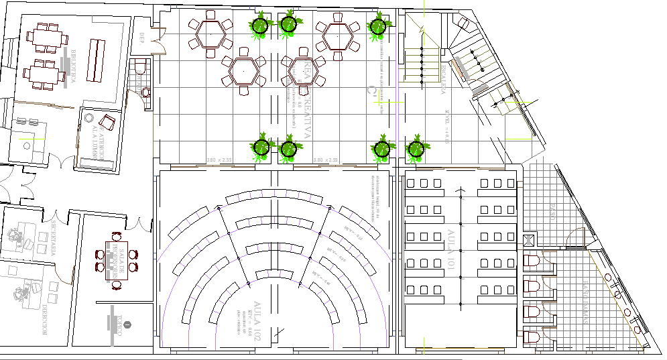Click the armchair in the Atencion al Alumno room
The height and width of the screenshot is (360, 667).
(107, 123)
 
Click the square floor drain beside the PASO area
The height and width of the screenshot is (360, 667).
(530, 239)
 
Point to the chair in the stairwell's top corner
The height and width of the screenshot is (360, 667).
(463, 23)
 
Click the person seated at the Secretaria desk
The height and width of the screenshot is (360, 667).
(15, 235)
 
